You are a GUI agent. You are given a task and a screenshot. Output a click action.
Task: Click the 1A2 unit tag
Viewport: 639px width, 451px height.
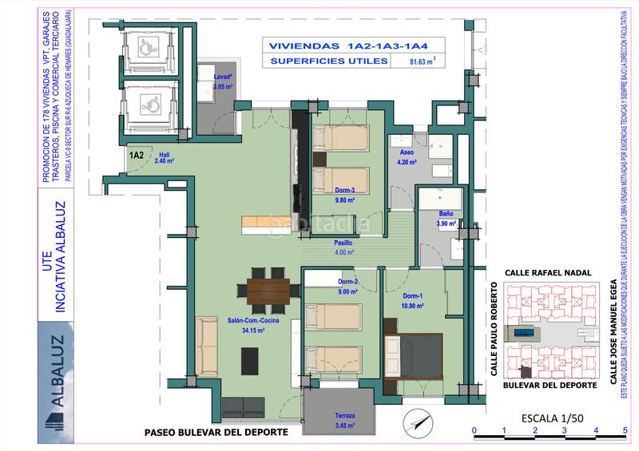135,155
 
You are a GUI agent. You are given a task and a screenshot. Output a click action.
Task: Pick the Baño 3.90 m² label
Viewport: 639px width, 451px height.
447,219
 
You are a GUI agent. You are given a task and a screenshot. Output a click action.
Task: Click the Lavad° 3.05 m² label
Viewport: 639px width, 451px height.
223,81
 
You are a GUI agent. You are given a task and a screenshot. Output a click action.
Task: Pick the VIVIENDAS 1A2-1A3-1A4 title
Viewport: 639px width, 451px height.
350,45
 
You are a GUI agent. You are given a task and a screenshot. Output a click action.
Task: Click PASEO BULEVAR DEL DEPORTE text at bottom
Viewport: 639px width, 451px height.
215,433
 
